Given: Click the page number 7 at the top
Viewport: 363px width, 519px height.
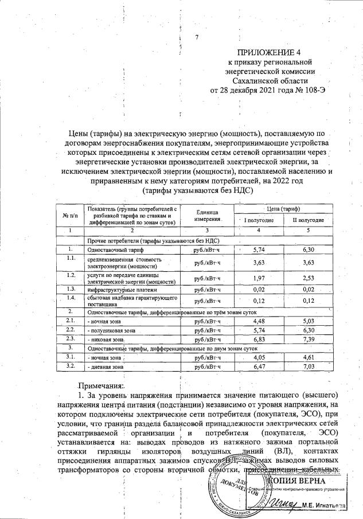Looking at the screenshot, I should coord(196,38).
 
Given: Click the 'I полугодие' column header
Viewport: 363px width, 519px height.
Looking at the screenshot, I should coord(263,220).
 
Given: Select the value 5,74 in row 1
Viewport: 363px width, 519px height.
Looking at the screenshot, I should coord(261,250).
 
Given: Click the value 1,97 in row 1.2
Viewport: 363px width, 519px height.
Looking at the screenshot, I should coord(261,279).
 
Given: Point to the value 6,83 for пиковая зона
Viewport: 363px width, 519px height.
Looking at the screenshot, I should coord(261,340).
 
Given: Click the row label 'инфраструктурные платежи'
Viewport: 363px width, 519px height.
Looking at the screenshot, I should coord(119,290).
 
